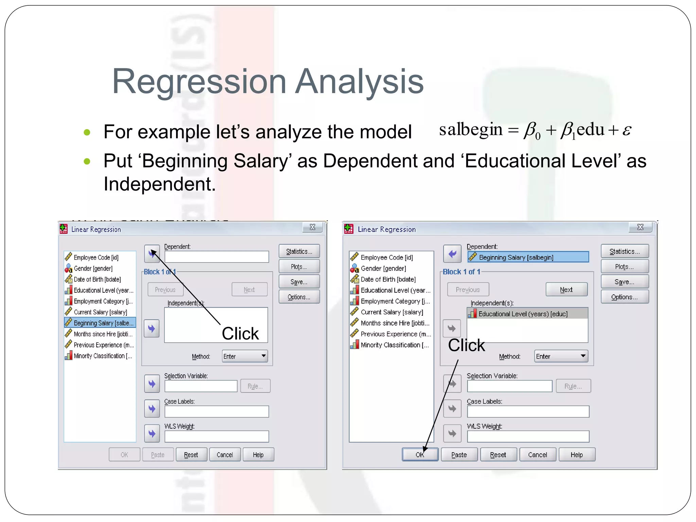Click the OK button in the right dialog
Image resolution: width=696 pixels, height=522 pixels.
(x=420, y=454)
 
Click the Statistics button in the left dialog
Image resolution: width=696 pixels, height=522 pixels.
(x=299, y=251)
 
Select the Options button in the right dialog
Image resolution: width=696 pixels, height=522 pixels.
(x=624, y=297)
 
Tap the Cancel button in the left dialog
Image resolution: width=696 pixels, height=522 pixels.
(x=225, y=454)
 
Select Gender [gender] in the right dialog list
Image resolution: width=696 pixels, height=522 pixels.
(x=383, y=268)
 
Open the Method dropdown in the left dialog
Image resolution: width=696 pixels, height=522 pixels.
(x=245, y=356)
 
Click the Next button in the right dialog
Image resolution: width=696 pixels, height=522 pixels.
(x=566, y=290)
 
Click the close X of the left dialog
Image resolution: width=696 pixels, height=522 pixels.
(x=312, y=227)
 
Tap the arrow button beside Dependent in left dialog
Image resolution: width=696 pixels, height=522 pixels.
(x=152, y=254)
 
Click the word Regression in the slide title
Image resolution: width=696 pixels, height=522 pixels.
(x=199, y=82)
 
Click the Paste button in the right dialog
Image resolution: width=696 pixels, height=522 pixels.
(x=459, y=454)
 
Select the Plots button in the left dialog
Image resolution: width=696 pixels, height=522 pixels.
(x=299, y=266)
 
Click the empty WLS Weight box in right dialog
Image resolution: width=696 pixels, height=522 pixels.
(x=528, y=436)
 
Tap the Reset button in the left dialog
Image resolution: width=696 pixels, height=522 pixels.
(x=191, y=454)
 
